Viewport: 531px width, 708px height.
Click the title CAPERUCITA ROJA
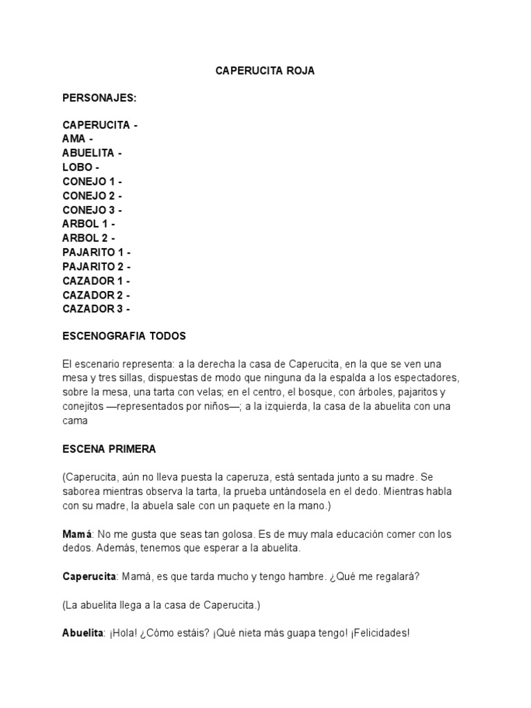click(265, 71)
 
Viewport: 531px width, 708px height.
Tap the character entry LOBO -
click(81, 167)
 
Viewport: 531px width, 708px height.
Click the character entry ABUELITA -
click(93, 153)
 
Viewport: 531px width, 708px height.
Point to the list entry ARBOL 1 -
click(88, 224)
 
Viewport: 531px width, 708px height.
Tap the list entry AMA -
click(77, 139)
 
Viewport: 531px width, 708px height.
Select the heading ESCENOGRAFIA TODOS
click(124, 336)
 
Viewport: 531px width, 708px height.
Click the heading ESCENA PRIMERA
click(109, 449)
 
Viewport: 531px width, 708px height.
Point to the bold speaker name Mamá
click(76, 534)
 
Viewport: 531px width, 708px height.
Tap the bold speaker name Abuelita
click(82, 633)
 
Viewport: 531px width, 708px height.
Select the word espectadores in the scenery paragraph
click(430, 378)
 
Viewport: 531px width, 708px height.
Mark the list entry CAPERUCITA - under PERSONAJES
click(100, 125)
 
